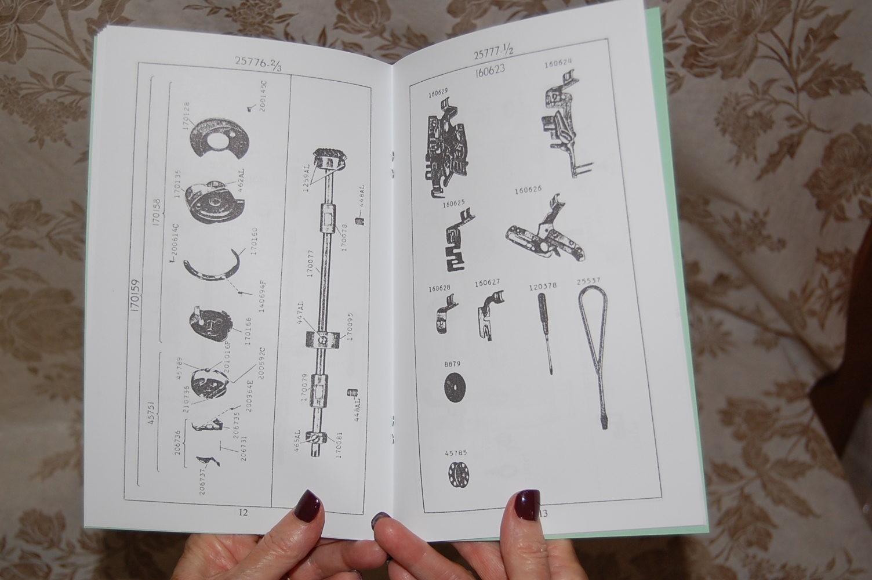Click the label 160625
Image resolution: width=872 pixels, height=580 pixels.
tap(454, 204)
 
